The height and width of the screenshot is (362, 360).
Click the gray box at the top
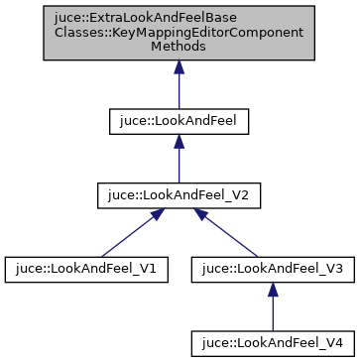coord(179,33)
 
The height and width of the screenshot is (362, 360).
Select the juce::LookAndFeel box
coord(179,121)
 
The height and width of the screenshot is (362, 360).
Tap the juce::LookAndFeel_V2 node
coord(179,195)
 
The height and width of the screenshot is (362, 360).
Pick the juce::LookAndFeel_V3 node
coord(272,269)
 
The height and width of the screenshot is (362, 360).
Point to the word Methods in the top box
coord(179,47)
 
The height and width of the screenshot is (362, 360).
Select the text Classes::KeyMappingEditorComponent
coord(179,33)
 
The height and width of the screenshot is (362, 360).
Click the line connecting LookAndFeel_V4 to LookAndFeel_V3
coord(272,312)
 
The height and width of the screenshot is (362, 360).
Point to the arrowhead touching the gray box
coord(179,67)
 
